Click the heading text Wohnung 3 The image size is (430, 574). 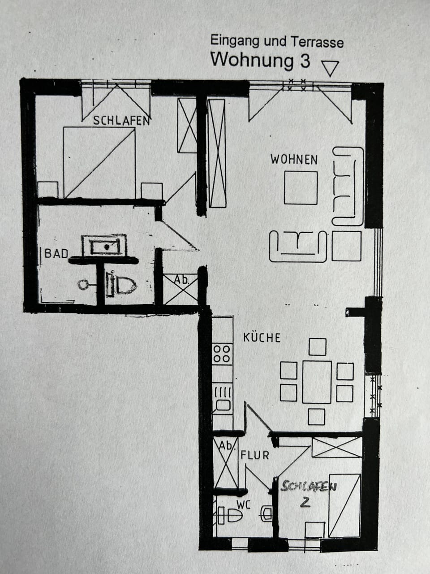(x=260, y=60)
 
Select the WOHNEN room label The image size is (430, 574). (x=294, y=160)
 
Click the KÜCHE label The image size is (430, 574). (x=262, y=337)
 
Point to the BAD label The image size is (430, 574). (x=56, y=253)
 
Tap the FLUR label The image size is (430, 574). (x=255, y=455)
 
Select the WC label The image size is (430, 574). (x=243, y=505)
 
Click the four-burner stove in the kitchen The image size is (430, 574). (x=222, y=353)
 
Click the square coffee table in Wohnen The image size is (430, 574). (x=301, y=187)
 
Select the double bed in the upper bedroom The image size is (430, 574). (x=99, y=162)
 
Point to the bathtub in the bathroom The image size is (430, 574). (x=104, y=246)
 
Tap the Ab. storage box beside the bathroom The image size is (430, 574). (x=180, y=288)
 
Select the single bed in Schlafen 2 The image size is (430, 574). (x=344, y=505)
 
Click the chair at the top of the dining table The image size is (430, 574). (x=317, y=347)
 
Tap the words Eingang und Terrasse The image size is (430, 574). (x=277, y=42)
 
